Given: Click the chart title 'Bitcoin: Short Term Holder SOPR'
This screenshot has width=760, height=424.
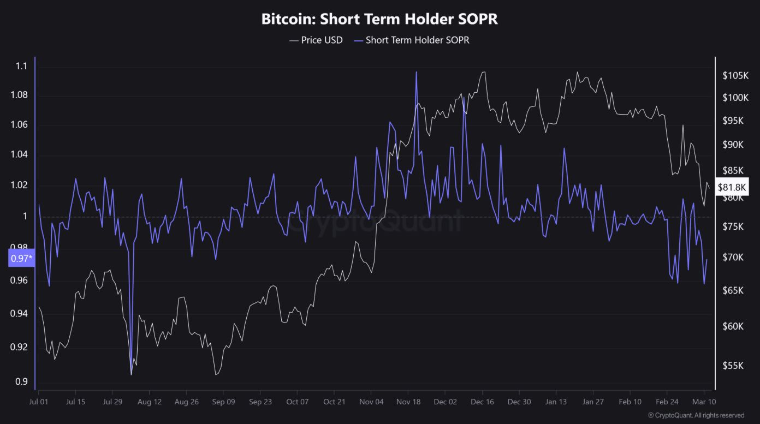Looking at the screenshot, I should click(x=379, y=19).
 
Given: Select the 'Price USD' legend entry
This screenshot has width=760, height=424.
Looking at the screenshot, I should click(x=322, y=40).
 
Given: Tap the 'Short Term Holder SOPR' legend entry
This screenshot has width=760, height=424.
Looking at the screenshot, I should click(x=417, y=40).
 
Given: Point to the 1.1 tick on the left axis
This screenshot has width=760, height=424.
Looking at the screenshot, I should click(x=21, y=67).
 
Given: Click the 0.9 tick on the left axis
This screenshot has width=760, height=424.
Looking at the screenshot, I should click(x=21, y=381).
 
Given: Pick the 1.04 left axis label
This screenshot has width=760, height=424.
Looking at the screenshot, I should click(x=19, y=155).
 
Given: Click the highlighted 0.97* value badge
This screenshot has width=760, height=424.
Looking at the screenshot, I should click(x=21, y=258).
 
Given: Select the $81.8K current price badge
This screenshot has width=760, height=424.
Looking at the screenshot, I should click(x=732, y=187).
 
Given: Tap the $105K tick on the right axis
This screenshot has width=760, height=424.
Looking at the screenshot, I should click(x=734, y=76).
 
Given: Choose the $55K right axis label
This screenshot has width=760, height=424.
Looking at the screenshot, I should click(x=733, y=366).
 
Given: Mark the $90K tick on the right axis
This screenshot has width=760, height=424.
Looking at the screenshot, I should click(x=733, y=145).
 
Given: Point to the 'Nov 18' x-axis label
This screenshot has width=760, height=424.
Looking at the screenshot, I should click(x=408, y=402).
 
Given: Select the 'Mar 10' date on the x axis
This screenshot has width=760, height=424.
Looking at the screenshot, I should click(x=703, y=402).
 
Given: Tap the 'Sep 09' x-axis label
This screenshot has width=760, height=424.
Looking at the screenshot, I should click(x=223, y=402).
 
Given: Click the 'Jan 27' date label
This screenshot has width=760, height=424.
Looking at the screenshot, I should click(x=592, y=402).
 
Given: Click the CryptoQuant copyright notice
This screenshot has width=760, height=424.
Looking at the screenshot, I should click(x=696, y=415).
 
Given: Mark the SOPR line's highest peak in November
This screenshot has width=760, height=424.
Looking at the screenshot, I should click(x=416, y=72).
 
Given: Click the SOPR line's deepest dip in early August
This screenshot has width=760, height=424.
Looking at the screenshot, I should click(x=132, y=374).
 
